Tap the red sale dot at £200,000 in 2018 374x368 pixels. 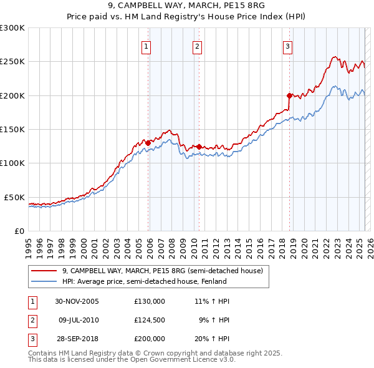click(289, 95)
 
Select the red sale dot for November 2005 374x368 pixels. click(148, 143)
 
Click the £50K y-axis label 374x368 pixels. click(15, 197)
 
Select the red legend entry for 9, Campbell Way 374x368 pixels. click(162, 271)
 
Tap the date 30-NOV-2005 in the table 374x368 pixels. click(77, 301)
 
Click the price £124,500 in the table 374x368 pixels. click(150, 320)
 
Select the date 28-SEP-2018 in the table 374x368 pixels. click(77, 339)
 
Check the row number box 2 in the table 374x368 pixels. click(32, 320)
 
